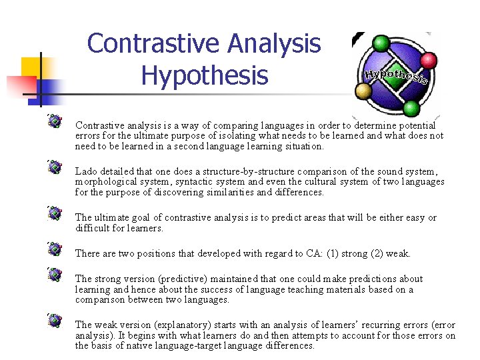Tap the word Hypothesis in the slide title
(x=204, y=75)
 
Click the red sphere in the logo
(x=428, y=61)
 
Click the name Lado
(x=86, y=172)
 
